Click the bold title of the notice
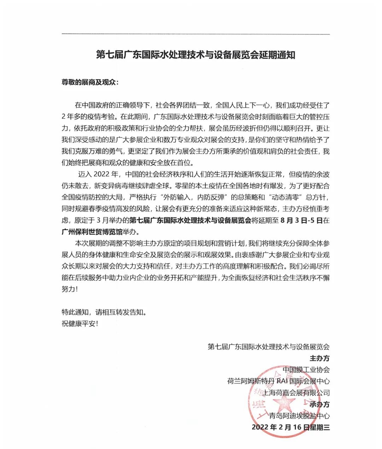[x=196, y=56]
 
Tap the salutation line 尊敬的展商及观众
[x=90, y=83]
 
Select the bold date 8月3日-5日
[x=301, y=220]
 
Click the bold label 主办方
[x=319, y=358]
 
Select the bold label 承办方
[x=319, y=404]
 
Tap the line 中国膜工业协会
[x=306, y=370]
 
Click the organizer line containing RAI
[x=278, y=381]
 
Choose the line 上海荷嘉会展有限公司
[x=297, y=393]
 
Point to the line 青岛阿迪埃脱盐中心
[x=299, y=416]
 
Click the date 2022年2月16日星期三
[x=290, y=427]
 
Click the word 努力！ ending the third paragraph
[x=70, y=289]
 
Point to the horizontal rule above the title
[x=196, y=34]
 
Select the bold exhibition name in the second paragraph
[x=190, y=220]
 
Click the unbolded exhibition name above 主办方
[x=268, y=347]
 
